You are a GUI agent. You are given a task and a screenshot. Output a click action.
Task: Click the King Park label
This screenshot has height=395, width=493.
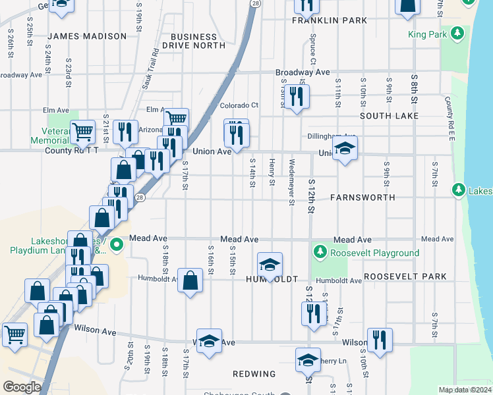pyautogui.click(x=427, y=34)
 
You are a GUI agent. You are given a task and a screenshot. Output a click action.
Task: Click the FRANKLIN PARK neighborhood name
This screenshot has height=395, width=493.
pyautogui.click(x=330, y=20)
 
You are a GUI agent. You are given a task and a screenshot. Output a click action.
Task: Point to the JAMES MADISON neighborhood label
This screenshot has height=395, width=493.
pyautogui.click(x=87, y=36)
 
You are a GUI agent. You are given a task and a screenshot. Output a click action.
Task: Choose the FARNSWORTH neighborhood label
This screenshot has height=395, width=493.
pyautogui.click(x=362, y=197)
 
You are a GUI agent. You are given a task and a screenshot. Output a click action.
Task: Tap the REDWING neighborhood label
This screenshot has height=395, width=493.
pyautogui.click(x=254, y=374)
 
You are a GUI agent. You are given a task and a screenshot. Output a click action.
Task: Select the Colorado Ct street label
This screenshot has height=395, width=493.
pyautogui.click(x=239, y=105)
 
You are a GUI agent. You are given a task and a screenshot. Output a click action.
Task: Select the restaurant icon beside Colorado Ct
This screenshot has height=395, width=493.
pyautogui.click(x=296, y=97)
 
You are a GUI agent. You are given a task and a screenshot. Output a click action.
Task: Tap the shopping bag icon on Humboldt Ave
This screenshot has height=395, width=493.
pyautogui.click(x=190, y=280)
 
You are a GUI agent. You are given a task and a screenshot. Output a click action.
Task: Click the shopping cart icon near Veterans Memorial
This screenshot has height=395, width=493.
pyautogui.click(x=82, y=131)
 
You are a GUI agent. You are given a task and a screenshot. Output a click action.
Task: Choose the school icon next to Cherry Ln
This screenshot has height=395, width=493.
pyautogui.click(x=307, y=360)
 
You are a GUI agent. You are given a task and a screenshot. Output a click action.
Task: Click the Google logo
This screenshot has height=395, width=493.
pyautogui.click(x=22, y=387)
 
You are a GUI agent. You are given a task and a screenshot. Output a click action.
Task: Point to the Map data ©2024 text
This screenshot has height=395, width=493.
pyautogui.click(x=465, y=390)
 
